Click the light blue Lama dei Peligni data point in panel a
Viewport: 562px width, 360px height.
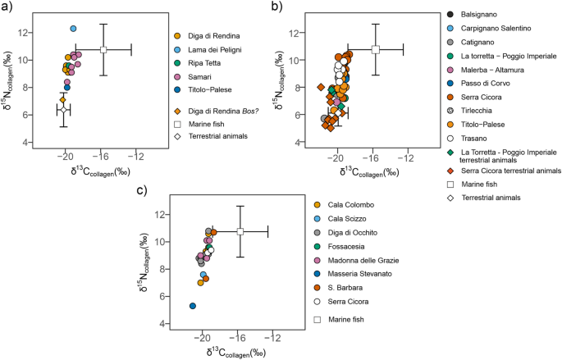(74, 29)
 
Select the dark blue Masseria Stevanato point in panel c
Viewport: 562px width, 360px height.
(193, 306)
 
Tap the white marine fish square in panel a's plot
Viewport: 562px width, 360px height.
(103, 50)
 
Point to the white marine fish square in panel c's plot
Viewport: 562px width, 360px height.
(240, 232)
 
